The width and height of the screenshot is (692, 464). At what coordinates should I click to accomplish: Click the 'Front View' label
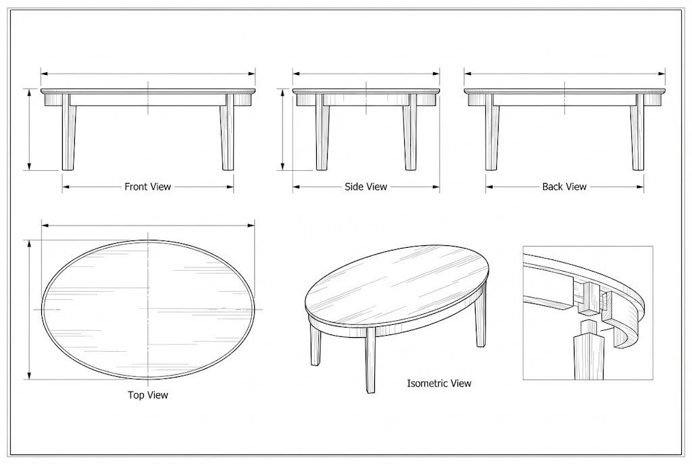pyautogui.click(x=147, y=186)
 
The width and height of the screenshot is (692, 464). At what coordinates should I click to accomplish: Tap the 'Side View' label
pyautogui.click(x=366, y=186)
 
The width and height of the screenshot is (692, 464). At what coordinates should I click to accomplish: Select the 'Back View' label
pyautogui.click(x=564, y=186)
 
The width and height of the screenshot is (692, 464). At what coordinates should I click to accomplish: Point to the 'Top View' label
pyautogui.click(x=148, y=394)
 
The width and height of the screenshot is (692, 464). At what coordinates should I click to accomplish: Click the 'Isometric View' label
pyautogui.click(x=439, y=383)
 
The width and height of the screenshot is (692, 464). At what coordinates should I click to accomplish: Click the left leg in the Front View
pyautogui.click(x=68, y=132)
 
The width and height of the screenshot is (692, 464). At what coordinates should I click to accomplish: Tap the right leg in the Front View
pyautogui.click(x=227, y=132)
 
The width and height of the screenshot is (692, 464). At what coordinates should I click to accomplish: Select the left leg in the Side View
pyautogui.click(x=322, y=132)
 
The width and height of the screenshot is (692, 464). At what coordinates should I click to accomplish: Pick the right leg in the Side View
pyautogui.click(x=410, y=132)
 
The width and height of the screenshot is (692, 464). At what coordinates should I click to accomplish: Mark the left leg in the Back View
pyautogui.click(x=492, y=132)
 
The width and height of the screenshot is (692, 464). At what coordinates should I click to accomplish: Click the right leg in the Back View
pyautogui.click(x=637, y=132)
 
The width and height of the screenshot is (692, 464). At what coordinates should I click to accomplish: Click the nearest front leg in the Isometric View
pyautogui.click(x=371, y=361)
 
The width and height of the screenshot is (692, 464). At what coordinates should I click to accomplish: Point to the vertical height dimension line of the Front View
pyautogui.click(x=29, y=129)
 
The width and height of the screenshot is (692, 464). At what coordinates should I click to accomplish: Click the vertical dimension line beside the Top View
pyautogui.click(x=30, y=309)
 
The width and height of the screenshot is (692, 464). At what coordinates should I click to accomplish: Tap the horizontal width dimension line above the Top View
pyautogui.click(x=148, y=226)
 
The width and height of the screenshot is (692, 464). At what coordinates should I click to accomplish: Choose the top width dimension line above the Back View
pyautogui.click(x=564, y=74)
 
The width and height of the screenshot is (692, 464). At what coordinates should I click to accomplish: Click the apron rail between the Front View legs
pyautogui.click(x=148, y=100)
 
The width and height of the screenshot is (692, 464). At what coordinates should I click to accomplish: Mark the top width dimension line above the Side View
pyautogui.click(x=366, y=74)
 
